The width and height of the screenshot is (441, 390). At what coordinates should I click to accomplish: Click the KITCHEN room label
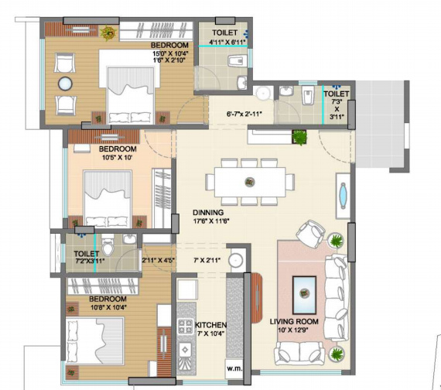[x=210, y=325]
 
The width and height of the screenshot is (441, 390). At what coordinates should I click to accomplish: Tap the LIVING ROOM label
[x=294, y=321]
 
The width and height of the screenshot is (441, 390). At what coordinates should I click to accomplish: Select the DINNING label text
[x=208, y=213]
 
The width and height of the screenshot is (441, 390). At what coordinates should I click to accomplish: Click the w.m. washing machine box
[x=234, y=368]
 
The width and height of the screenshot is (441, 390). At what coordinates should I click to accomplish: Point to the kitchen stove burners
[x=186, y=326]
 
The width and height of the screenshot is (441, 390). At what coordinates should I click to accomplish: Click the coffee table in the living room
[x=304, y=295]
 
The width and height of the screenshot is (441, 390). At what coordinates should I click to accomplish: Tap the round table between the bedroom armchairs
[x=65, y=84]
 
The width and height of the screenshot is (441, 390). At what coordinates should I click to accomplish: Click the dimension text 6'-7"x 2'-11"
[x=244, y=114]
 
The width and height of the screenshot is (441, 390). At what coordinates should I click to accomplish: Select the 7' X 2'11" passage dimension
[x=207, y=260]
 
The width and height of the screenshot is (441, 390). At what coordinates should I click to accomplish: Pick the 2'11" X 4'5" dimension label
[x=159, y=260]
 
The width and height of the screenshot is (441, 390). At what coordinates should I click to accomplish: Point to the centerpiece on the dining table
[x=249, y=182]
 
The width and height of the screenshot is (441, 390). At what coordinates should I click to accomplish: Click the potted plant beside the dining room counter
[x=299, y=137]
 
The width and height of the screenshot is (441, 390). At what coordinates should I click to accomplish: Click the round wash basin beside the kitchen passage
[x=236, y=260]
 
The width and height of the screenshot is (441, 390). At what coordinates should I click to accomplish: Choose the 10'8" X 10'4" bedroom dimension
[x=109, y=307]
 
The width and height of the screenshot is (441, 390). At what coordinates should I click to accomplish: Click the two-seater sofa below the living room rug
[x=300, y=352]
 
